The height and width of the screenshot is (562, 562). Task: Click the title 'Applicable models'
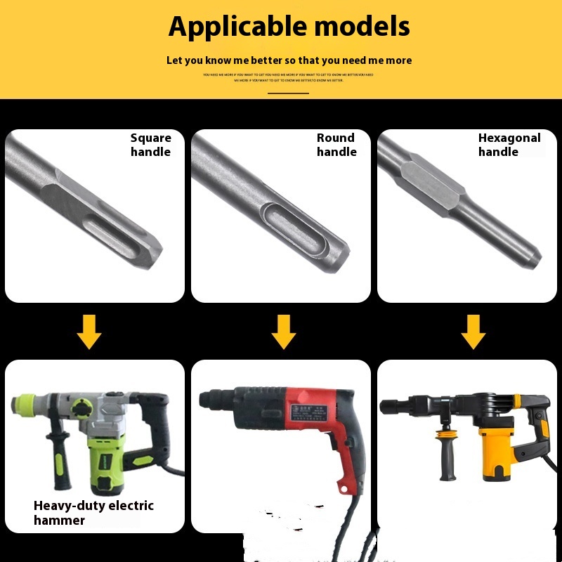[x=289, y=27]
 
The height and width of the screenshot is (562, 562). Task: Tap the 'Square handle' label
[x=150, y=145]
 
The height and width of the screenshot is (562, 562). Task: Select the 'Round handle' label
[x=336, y=145]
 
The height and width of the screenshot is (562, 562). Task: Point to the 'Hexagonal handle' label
[x=509, y=145]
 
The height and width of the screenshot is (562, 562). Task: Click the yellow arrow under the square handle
[x=89, y=332]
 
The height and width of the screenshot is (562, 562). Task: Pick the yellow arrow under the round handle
[x=283, y=332]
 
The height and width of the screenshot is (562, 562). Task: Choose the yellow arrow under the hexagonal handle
[x=473, y=332]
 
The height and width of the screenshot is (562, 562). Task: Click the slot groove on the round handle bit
[x=290, y=224]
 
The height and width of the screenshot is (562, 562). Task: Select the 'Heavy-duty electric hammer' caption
[x=93, y=513]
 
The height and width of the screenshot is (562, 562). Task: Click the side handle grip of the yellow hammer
[x=445, y=457]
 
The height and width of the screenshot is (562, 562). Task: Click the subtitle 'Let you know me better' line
[x=289, y=60]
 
